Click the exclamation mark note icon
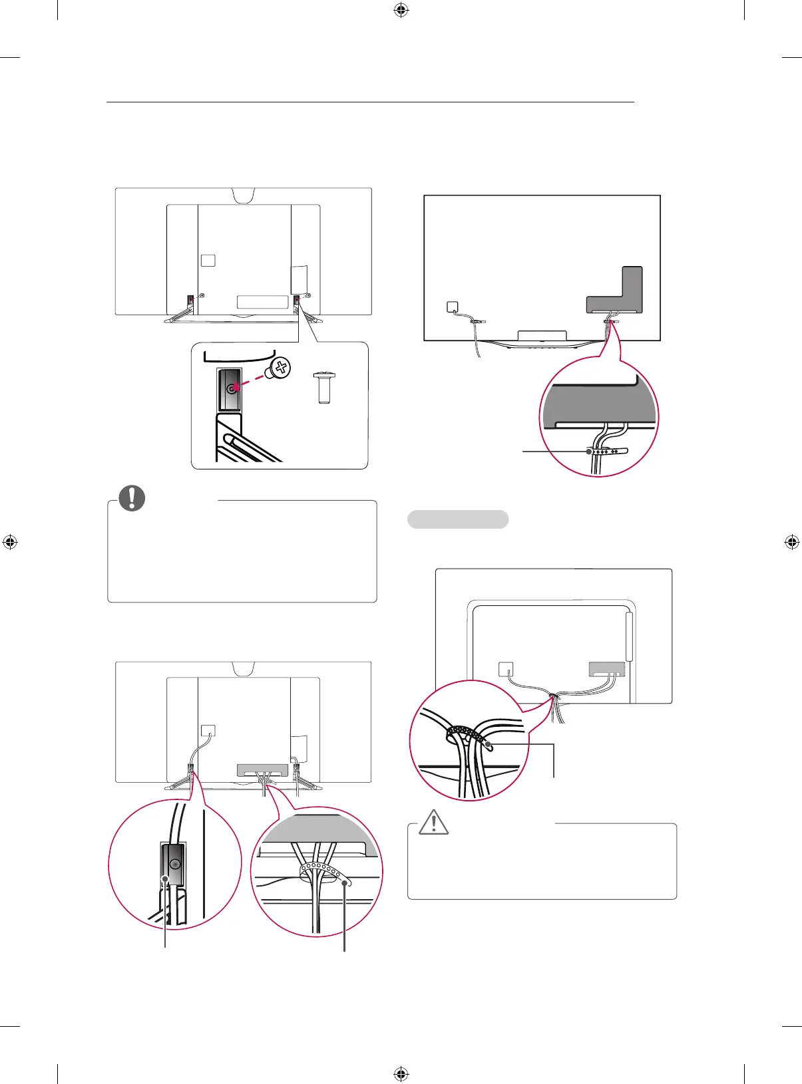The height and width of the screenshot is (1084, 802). click(132, 498)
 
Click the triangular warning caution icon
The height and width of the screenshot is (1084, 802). click(434, 822)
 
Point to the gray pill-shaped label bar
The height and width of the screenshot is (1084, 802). click(458, 519)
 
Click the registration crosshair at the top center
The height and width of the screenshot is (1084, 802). click(401, 10)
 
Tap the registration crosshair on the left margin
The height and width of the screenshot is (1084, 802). click(10, 542)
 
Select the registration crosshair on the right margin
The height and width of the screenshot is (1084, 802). click(791, 542)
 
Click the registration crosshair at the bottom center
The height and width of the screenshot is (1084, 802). click(401, 1073)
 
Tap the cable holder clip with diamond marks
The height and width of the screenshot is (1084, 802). click(607, 452)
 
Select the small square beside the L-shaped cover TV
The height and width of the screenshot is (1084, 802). click(452, 307)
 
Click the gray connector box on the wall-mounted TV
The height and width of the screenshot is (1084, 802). click(607, 669)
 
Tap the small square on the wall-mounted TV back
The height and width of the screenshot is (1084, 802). click(506, 669)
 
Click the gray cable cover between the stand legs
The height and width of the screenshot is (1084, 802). click(263, 770)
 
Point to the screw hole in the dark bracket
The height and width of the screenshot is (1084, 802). click(232, 390)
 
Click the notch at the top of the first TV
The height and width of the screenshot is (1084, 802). click(244, 194)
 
